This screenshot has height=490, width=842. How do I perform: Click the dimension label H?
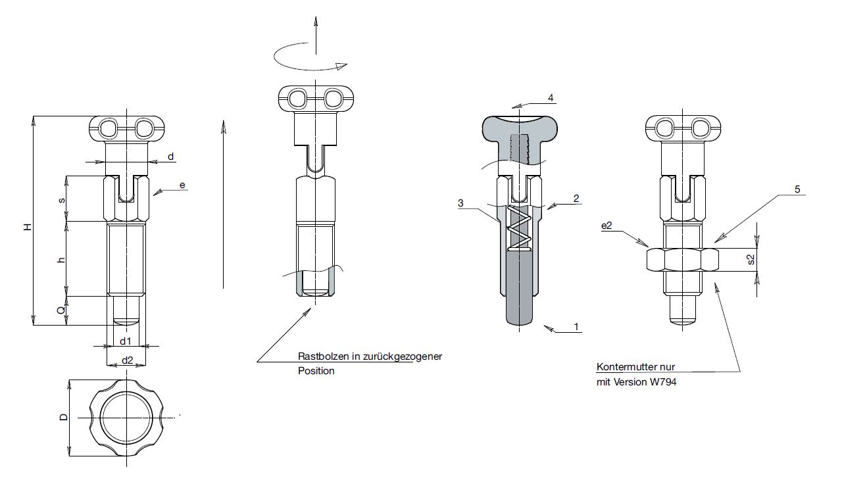pyautogui.click(x=28, y=227)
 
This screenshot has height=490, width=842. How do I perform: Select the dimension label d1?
pyautogui.click(x=126, y=341)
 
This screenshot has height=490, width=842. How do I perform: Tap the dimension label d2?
pyautogui.click(x=128, y=360)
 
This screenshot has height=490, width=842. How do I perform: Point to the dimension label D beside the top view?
pyautogui.click(x=64, y=417)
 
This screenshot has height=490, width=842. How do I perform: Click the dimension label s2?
pyautogui.click(x=751, y=259)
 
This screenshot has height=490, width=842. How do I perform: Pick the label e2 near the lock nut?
pyautogui.click(x=607, y=226)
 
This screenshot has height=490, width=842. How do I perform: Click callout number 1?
pyautogui.click(x=576, y=326)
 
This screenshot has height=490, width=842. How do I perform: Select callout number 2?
pyautogui.click(x=576, y=199)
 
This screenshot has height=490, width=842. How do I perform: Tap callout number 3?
pyautogui.click(x=461, y=203)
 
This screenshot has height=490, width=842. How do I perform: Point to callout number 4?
pyautogui.click(x=551, y=98)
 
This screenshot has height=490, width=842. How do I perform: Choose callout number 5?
pyautogui.click(x=797, y=189)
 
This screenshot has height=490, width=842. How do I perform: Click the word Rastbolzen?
pyautogui.click(x=323, y=356)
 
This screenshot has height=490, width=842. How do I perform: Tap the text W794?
pyautogui.click(x=663, y=382)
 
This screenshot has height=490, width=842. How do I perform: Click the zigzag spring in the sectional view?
pyautogui.click(x=519, y=228)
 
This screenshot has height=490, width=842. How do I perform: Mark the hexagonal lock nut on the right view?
pyautogui.click(x=683, y=259)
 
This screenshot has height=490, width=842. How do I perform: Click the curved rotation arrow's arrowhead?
pyautogui.click(x=341, y=66)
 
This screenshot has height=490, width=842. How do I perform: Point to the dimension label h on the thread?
pyautogui.click(x=61, y=260)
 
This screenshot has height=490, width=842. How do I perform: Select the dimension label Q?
pyautogui.click(x=61, y=310)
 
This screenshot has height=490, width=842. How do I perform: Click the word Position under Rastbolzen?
pyautogui.click(x=316, y=371)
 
